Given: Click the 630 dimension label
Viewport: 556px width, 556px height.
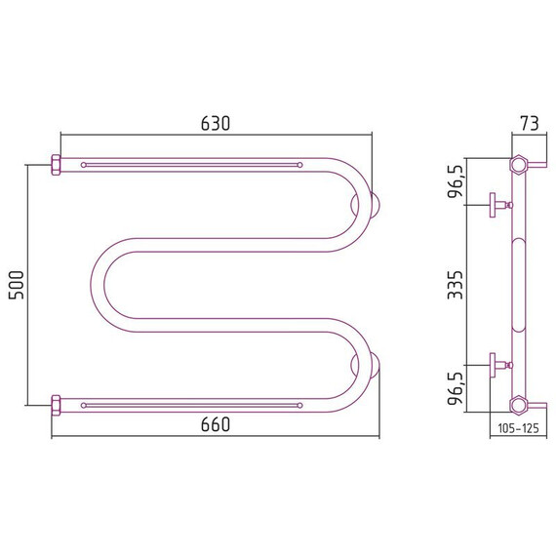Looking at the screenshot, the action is (x=216, y=123).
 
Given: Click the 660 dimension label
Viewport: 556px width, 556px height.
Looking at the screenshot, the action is (x=216, y=424).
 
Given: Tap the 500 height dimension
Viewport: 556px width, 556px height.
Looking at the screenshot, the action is (x=16, y=285).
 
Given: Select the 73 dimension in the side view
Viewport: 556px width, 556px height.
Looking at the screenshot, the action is (x=530, y=123).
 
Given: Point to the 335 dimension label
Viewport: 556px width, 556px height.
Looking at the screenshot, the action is (x=456, y=285).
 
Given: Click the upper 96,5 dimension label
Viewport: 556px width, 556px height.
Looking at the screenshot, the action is (x=456, y=181).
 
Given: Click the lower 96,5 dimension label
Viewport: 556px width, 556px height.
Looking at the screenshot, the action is (x=456, y=388).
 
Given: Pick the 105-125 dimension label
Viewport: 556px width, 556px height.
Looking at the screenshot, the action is (x=518, y=428).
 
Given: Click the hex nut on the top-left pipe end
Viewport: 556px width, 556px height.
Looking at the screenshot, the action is (x=56, y=165).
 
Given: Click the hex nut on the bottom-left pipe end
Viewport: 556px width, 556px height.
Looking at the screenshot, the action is (x=56, y=406).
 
